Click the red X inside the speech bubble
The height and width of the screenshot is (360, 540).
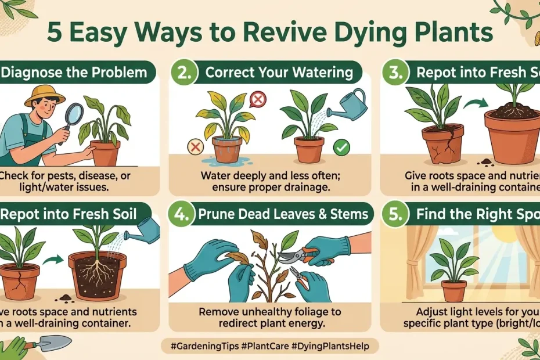[x=257, y=100]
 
